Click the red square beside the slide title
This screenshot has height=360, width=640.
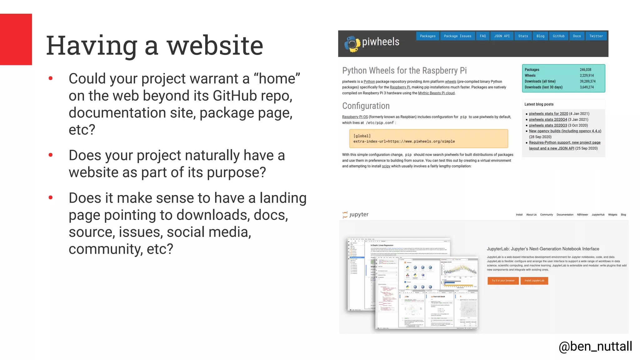coord(16,39)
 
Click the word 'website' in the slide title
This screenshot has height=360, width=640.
coord(215,46)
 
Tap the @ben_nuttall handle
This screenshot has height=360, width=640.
coord(595,346)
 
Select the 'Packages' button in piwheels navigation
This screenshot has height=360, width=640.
coord(427,36)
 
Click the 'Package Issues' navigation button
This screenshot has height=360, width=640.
coord(457,36)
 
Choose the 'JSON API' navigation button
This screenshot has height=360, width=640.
coord(502,36)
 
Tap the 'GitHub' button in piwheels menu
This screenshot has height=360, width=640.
coord(558,36)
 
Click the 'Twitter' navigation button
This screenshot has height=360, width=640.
coord(596,36)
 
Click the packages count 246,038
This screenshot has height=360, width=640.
coord(585,70)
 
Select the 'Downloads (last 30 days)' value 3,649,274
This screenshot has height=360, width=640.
coord(587,87)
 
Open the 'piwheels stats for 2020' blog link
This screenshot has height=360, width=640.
coord(548,114)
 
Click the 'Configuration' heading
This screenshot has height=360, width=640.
coord(366,106)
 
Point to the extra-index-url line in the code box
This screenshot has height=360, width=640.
coord(404,142)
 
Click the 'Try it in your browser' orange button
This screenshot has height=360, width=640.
coord(503,281)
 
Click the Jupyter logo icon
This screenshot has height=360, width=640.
coord(345,214)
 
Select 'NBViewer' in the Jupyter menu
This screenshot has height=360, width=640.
coord(582,215)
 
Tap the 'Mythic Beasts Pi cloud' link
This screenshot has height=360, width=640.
coord(436,93)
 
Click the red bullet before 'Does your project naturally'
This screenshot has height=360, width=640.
coord(51,155)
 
